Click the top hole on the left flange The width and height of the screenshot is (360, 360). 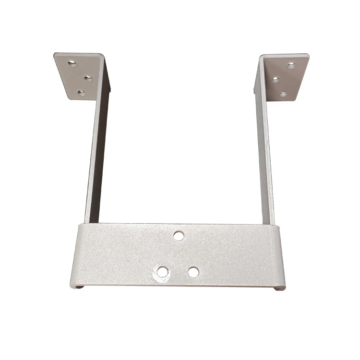click(73, 63)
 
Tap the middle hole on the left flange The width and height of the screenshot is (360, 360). click(88, 77)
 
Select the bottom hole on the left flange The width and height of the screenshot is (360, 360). click(81, 93)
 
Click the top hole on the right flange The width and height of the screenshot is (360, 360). click(291, 65)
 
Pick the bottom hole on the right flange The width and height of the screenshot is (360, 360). click(284, 94)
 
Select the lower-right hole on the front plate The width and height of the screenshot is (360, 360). click(193, 272)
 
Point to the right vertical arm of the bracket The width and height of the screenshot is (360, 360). click(265, 158)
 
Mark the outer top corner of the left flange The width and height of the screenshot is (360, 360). click(54, 54)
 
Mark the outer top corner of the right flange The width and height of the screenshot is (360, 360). click(309, 55)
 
